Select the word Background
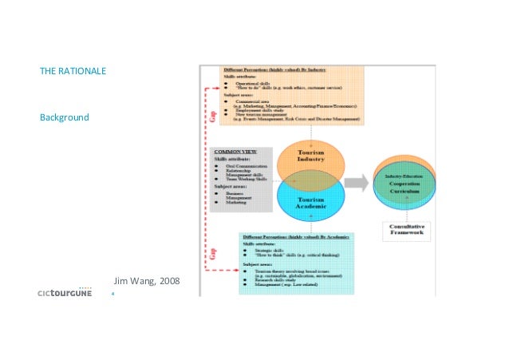(x=64, y=118)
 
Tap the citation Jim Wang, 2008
(x=148, y=282)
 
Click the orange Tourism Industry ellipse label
(x=310, y=156)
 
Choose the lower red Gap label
(x=213, y=255)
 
